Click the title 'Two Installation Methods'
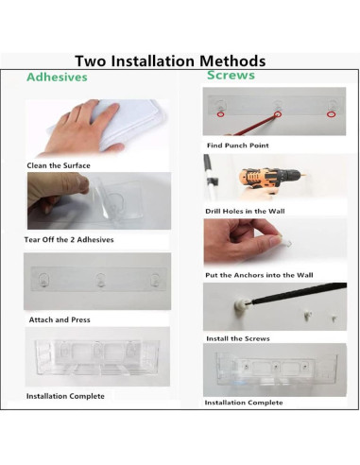coord(170,60)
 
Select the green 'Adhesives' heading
coord(57,77)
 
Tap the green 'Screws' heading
coord(231,76)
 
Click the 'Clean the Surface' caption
coord(59,165)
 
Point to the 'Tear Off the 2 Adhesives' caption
coord(69,240)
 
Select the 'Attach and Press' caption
coord(60,319)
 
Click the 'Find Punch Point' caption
coord(238,146)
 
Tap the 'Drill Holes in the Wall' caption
coord(245,211)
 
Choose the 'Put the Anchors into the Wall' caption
coord(259,275)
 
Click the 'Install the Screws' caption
coord(238,338)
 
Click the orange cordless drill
coord(267,179)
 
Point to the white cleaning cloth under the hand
coord(126,123)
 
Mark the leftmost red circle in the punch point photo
coord(220,114)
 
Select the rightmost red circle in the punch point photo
coord(331,114)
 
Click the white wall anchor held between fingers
coord(286,243)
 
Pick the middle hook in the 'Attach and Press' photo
coord(100,280)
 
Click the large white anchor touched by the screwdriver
coord(240,305)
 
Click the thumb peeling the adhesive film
coord(80,183)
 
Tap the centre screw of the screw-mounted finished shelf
coord(276,367)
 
